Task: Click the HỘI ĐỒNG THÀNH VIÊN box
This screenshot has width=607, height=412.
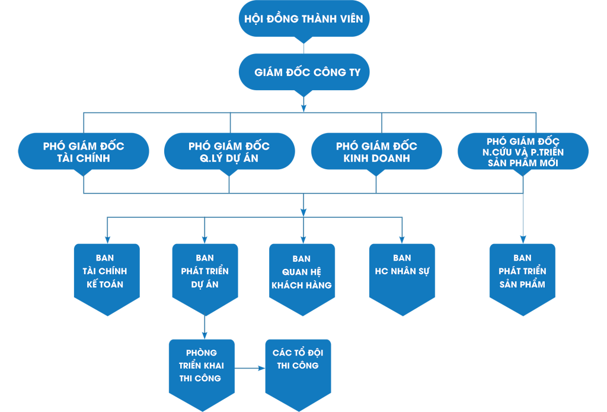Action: click(303, 19)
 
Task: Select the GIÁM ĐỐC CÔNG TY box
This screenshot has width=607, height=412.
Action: click(303, 72)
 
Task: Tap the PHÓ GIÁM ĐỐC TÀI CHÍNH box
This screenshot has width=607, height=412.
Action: click(84, 151)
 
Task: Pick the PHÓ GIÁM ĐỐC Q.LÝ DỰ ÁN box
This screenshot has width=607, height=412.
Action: click(229, 151)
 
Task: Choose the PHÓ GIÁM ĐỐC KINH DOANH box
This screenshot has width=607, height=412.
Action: click(376, 151)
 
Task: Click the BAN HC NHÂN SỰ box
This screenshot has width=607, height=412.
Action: click(402, 273)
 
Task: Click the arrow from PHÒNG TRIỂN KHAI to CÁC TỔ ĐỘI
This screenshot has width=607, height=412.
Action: click(250, 368)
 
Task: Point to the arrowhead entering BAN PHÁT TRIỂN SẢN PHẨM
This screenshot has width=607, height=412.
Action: click(523, 240)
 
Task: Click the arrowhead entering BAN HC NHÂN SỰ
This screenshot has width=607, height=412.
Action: click(402, 240)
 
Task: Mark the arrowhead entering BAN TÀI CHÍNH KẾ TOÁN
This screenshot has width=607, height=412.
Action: click(107, 240)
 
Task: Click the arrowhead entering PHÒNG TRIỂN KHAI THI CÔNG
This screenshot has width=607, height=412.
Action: click(205, 335)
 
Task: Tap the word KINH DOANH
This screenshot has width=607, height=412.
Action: click(376, 159)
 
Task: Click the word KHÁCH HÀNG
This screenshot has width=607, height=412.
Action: click(302, 286)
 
